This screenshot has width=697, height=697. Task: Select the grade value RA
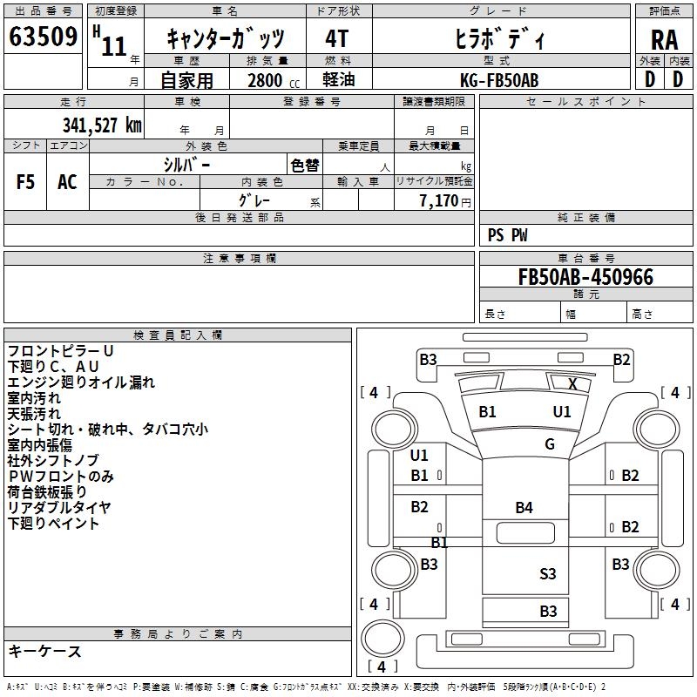(664, 40)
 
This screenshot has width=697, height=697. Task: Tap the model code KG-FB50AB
(499, 80)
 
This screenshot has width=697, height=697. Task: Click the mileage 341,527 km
(101, 125)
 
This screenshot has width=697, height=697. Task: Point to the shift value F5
(26, 182)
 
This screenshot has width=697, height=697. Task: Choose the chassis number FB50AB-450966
(585, 278)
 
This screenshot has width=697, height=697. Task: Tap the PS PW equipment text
(508, 235)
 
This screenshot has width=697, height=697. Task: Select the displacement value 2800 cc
(270, 80)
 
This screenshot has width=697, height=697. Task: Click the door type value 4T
(336, 40)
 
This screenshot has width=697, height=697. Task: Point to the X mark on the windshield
(572, 384)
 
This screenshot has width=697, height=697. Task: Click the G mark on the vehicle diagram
(550, 444)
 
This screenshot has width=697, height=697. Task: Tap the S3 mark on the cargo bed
(547, 573)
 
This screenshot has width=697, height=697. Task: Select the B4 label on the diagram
(524, 507)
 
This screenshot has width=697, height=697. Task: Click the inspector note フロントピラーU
(61, 351)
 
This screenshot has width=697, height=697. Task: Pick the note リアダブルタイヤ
(59, 508)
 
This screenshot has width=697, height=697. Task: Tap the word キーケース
(44, 652)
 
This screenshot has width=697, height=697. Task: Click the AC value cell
(67, 182)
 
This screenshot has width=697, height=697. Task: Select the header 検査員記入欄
(178, 335)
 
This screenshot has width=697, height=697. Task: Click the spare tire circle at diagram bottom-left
(379, 635)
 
